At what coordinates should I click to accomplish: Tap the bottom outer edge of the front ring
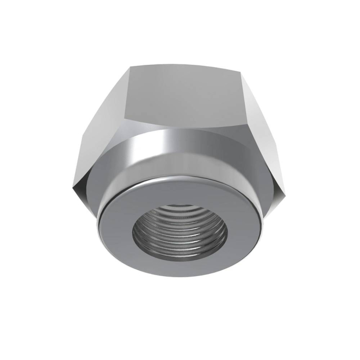point(180,276)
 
